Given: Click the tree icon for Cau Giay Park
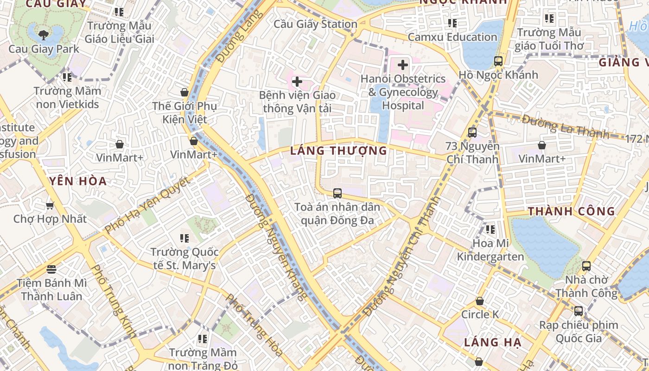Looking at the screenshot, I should [x=44, y=34].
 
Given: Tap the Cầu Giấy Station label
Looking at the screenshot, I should [x=315, y=24].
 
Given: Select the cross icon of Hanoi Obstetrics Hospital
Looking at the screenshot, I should [x=403, y=65].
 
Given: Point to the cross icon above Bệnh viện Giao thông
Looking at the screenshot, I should [x=297, y=82].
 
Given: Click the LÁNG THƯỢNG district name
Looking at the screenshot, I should [x=338, y=151].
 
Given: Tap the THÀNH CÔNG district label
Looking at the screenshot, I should [x=572, y=211].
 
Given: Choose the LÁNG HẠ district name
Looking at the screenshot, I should [x=493, y=343].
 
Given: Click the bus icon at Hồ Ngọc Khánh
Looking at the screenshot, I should [x=498, y=61].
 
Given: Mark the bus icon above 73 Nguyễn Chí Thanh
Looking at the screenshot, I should [x=472, y=132].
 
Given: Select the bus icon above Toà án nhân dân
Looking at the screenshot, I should [x=337, y=193].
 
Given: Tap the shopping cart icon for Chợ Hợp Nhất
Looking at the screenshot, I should [x=50, y=205].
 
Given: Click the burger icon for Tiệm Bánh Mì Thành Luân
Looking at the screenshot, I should [x=51, y=269].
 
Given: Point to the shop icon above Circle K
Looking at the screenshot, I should [x=480, y=301].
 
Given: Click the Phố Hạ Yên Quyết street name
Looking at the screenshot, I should [x=147, y=205].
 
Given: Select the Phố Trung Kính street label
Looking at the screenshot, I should [x=113, y=301].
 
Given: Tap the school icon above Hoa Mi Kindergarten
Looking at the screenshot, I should [x=490, y=230].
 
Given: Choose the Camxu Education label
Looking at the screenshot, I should [x=452, y=37].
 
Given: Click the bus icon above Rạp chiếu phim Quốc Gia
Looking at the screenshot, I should [x=578, y=311].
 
